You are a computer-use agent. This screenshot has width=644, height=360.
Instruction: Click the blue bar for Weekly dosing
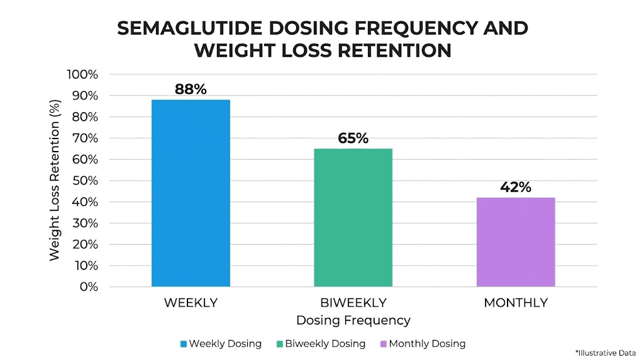click(191, 193)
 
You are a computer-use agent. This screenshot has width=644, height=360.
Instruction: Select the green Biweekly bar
click(353, 218)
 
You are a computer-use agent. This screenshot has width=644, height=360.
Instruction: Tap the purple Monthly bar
click(515, 242)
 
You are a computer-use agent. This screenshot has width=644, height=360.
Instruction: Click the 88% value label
click(191, 89)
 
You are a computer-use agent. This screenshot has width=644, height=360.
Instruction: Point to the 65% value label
click(353, 138)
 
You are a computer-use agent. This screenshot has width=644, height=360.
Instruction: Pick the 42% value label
click(516, 187)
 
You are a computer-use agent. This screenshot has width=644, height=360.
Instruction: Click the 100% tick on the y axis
click(82, 74)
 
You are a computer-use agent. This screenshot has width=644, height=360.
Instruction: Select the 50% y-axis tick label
click(85, 181)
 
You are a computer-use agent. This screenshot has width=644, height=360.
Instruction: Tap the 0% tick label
click(89, 287)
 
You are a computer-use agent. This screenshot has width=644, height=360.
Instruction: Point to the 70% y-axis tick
click(85, 138)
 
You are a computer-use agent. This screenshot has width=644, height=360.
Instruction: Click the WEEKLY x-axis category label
click(191, 303)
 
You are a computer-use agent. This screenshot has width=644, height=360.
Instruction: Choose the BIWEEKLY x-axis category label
click(353, 303)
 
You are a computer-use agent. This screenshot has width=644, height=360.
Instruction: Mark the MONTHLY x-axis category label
click(515, 303)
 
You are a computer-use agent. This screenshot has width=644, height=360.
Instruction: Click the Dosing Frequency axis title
click(353, 320)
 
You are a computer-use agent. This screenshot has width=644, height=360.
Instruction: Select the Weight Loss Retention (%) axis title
click(55, 180)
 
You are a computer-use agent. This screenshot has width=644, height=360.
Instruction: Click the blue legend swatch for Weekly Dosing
click(183, 344)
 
